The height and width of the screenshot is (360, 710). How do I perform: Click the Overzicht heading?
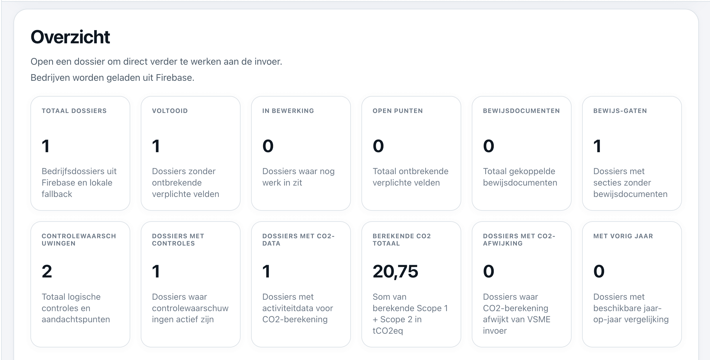tap(70, 37)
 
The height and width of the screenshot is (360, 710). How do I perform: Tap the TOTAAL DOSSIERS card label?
tap(74, 111)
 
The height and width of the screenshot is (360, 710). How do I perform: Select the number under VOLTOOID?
tap(156, 146)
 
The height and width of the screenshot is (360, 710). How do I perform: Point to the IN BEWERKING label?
tap(288, 111)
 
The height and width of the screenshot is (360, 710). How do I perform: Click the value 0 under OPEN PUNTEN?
tap(378, 146)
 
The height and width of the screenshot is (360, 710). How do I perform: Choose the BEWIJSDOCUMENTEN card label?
tap(521, 111)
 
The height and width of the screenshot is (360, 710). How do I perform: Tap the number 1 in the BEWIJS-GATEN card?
tap(597, 146)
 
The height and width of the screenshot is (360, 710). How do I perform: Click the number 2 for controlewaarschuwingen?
tap(47, 271)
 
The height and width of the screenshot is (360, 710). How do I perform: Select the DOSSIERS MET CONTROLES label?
tap(178, 240)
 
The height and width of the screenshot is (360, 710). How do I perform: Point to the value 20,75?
tap(395, 271)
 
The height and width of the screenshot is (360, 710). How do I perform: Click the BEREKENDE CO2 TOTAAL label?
tap(402, 240)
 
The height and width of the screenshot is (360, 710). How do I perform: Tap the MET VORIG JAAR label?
tap(623, 236)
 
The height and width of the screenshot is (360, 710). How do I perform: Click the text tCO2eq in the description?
tap(388, 331)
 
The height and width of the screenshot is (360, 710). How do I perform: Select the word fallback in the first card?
tap(57, 194)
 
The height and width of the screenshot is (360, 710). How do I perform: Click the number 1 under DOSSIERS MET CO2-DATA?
tap(266, 271)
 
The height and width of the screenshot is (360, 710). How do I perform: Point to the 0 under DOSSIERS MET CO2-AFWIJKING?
tap(488, 271)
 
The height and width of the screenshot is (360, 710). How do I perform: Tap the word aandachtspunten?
tap(76, 319)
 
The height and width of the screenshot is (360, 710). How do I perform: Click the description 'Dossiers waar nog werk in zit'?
tap(298, 177)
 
